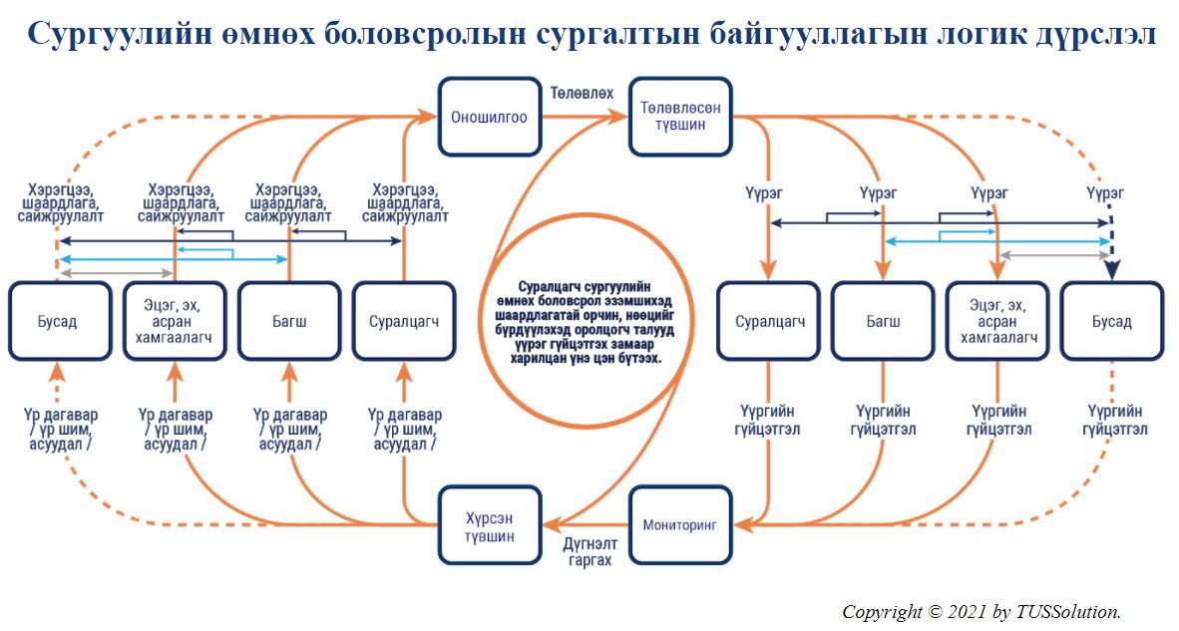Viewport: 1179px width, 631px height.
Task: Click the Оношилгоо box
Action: (x=490, y=118)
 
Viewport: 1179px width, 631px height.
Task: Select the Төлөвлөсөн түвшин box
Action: (x=679, y=118)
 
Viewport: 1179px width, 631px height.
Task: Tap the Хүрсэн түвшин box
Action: (x=490, y=525)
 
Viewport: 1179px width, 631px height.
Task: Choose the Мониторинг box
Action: (x=679, y=525)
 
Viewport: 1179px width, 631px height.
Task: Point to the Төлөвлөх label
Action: (x=582, y=93)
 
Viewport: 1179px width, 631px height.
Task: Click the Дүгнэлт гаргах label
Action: (x=590, y=551)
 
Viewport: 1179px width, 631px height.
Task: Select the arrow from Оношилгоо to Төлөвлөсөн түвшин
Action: (x=585, y=117)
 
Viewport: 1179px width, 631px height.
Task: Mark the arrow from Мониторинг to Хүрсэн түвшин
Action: (x=585, y=524)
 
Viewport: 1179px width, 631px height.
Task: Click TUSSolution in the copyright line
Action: (x=1067, y=611)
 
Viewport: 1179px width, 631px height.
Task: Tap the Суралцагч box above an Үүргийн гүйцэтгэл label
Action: (x=768, y=322)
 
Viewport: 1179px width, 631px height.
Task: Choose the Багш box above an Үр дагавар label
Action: (x=289, y=322)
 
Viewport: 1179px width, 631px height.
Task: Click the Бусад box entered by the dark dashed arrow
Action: (x=1112, y=322)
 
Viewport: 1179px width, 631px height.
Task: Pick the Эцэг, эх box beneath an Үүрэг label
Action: (x=997, y=322)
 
